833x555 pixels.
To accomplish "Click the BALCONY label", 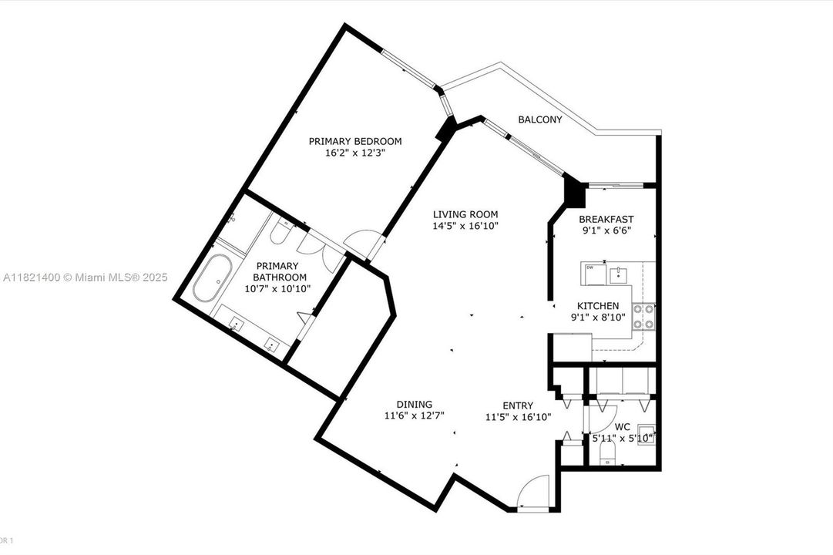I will point(539,119).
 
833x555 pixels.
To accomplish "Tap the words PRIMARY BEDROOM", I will point(355,141).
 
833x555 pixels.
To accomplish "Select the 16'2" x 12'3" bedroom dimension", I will point(355,153).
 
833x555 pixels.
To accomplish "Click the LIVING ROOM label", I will point(465,214).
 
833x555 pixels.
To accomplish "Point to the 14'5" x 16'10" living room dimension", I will point(465,226).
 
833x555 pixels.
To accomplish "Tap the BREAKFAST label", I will point(606,219).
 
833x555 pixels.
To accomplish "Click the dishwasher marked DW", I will point(592,272).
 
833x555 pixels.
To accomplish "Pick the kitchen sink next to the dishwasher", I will point(618,274).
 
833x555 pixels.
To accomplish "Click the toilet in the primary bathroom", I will point(281,230).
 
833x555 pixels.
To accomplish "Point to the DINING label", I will point(415,404).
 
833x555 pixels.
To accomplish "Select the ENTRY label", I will point(518,405).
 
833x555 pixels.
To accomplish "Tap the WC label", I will point(623,425).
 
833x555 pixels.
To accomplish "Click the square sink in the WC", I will point(645,436).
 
